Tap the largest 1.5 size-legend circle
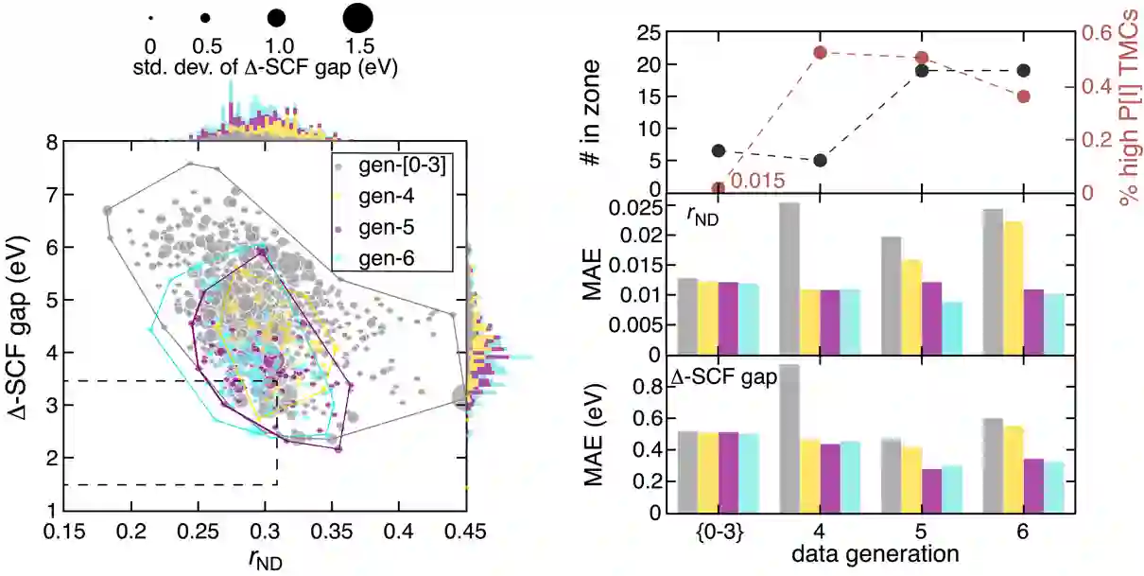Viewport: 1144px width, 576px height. pyautogui.click(x=357, y=17)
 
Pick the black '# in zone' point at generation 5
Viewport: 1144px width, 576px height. pyautogui.click(x=922, y=71)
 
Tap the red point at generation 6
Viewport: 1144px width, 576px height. pyautogui.click(x=1023, y=96)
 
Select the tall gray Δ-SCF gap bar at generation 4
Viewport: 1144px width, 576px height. pyautogui.click(x=789, y=439)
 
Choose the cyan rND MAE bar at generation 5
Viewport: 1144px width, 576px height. pyautogui.click(x=952, y=327)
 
